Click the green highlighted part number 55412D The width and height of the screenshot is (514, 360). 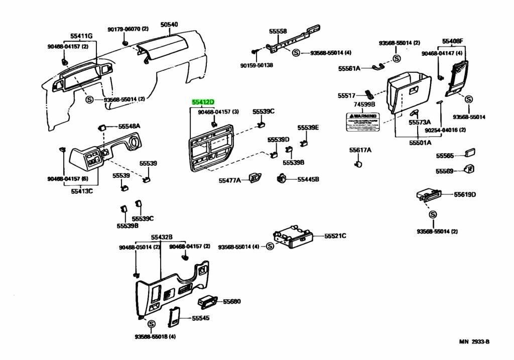(x=203, y=102)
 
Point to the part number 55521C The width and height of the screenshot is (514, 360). (x=335, y=235)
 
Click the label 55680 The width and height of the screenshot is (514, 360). (x=232, y=301)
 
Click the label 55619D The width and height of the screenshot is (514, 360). (x=465, y=194)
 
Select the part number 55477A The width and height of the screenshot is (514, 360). (x=230, y=180)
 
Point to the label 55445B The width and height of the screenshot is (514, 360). (x=308, y=179)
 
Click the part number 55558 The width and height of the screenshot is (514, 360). (x=278, y=31)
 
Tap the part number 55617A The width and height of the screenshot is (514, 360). (x=360, y=150)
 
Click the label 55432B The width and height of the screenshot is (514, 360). (x=162, y=236)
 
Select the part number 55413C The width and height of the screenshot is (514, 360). (x=81, y=191)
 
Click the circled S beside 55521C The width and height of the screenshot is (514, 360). (x=270, y=246)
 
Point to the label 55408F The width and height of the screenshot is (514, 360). (x=453, y=41)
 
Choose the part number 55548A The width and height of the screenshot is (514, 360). (x=130, y=126)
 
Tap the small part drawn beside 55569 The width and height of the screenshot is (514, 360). (x=469, y=169)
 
